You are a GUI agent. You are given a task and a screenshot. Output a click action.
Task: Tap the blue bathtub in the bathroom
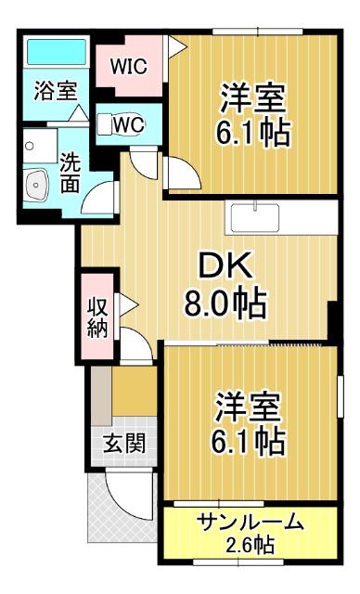click(56, 52)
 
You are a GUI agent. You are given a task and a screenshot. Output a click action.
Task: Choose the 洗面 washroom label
click(69, 171)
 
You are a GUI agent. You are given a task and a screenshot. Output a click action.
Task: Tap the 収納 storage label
click(97, 316)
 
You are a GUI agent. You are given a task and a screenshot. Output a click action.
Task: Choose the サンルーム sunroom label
click(251, 523)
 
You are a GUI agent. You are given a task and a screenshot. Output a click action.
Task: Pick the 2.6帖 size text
click(251, 544)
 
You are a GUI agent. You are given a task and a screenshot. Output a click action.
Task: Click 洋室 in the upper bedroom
click(253, 97)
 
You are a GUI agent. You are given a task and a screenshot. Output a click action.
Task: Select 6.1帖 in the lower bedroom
click(251, 439)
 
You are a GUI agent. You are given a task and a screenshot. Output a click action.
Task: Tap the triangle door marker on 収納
click(131, 303)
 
